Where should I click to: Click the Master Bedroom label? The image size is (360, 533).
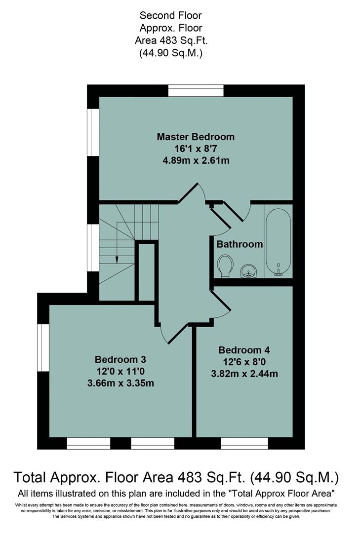tap(196, 136)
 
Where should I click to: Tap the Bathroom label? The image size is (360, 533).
tap(240, 244)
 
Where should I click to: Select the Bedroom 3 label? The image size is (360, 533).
tap(120, 359)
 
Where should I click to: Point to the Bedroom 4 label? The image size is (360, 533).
tap(244, 350)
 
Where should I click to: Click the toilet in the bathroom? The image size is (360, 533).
tap(225, 265)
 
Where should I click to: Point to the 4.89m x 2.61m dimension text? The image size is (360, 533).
tap(196, 160)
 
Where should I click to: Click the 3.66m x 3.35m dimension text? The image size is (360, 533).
tap(120, 382)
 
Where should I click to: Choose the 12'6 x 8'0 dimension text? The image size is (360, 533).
tap(244, 362)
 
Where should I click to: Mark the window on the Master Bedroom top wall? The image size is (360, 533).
tap(196, 91)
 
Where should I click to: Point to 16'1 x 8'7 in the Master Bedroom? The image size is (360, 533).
tap(196, 148)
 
